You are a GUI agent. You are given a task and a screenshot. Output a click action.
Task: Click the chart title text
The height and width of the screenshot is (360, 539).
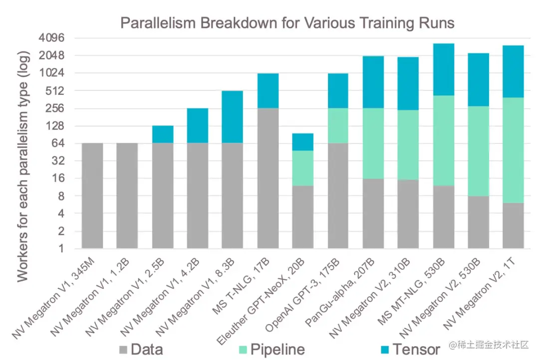pyautogui.click(x=287, y=22)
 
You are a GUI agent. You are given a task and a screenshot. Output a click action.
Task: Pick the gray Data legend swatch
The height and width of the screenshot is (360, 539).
pyautogui.click(x=124, y=349)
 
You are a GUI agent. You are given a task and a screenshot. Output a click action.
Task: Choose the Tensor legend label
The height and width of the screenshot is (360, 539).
pyautogui.click(x=416, y=349)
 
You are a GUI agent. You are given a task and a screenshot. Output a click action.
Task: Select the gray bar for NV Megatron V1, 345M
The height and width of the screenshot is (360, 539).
pyautogui.click(x=92, y=196)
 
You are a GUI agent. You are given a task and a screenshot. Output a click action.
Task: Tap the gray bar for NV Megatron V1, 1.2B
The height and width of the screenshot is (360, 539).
pyautogui.click(x=127, y=196)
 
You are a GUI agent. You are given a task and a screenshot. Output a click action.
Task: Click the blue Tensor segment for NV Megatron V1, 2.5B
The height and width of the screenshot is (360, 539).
pyautogui.click(x=163, y=134)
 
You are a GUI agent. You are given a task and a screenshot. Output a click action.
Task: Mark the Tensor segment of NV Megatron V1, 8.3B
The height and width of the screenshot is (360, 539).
pyautogui.click(x=232, y=117)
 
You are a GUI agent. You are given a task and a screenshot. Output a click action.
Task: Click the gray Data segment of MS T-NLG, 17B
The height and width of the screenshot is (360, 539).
pyautogui.click(x=268, y=178)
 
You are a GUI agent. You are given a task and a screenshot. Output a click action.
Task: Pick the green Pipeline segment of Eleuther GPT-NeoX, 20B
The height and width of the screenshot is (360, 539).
pyautogui.click(x=303, y=168)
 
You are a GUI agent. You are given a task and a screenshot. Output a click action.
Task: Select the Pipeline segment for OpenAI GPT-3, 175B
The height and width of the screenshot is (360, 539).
pyautogui.click(x=338, y=126)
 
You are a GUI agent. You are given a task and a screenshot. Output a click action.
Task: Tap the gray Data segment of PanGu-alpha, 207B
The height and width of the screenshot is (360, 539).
pyautogui.click(x=373, y=214)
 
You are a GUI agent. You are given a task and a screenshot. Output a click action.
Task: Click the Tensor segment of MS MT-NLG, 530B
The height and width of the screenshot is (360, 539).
pyautogui.click(x=443, y=69)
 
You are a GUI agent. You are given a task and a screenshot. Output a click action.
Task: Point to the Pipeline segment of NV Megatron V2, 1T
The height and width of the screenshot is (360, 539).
pyautogui.click(x=513, y=150)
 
